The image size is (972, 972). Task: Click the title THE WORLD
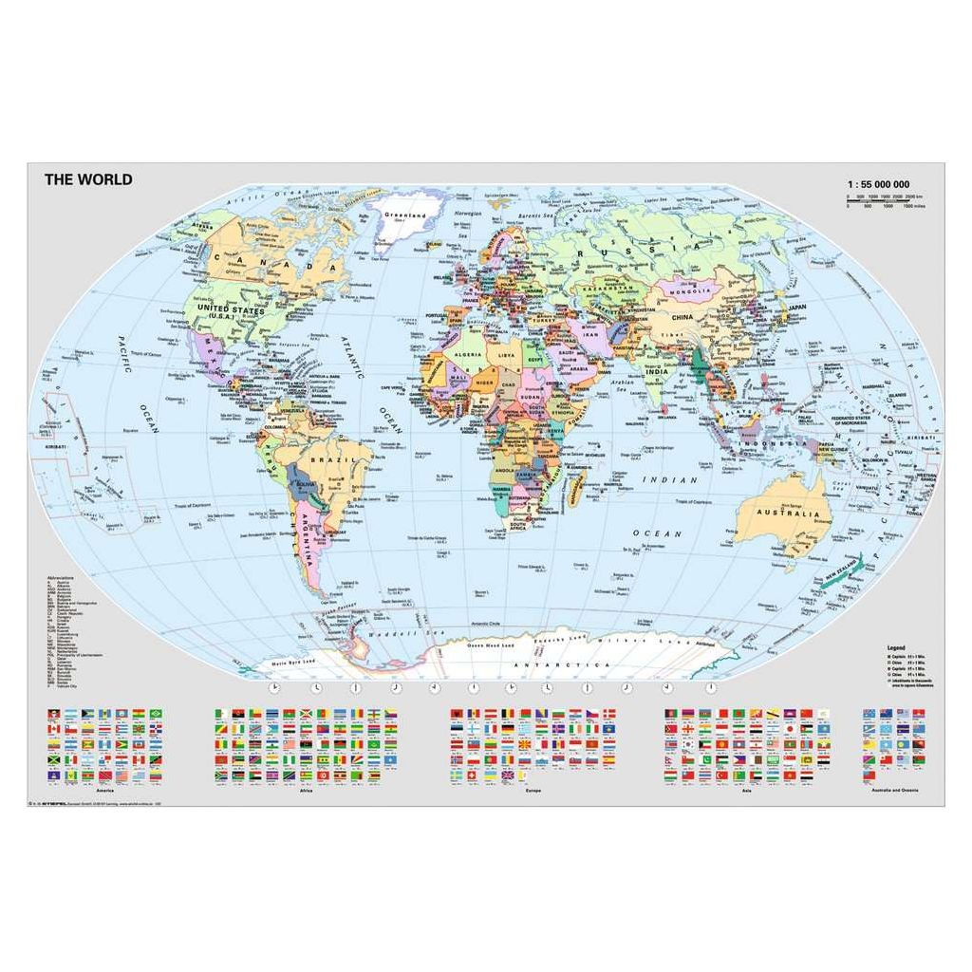88,178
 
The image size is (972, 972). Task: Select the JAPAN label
796,308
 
